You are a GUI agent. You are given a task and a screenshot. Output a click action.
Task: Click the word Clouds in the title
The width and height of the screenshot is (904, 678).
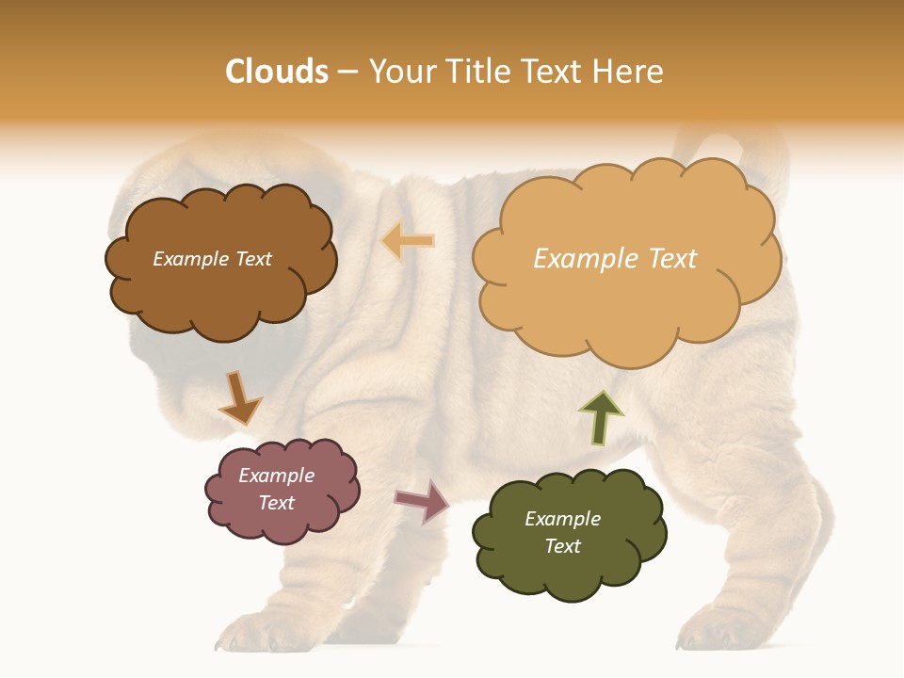277,72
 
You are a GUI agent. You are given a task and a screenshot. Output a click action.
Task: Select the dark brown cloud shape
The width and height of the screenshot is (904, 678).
220,261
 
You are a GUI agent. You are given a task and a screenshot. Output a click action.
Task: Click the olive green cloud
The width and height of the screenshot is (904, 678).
568,533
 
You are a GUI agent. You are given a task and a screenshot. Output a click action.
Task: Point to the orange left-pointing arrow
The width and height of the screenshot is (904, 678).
408,241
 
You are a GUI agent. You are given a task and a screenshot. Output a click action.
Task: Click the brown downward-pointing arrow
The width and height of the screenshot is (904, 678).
239,397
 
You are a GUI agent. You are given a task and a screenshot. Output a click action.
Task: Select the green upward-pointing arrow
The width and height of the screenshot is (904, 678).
600,416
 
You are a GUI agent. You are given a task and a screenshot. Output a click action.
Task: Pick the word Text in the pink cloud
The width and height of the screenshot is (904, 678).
277,503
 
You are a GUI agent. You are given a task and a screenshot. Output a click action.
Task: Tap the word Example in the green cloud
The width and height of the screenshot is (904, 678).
562,519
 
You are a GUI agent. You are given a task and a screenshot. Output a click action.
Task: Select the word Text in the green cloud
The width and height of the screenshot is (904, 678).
562,546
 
